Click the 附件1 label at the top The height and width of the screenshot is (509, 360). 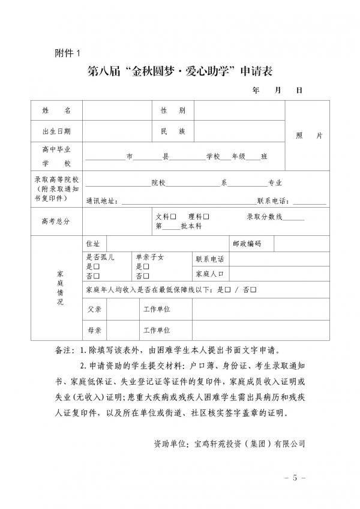(x=67, y=53)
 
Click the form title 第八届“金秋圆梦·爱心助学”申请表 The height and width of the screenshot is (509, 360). (x=180, y=71)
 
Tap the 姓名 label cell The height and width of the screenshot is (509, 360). (x=57, y=111)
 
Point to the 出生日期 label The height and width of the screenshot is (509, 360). (x=57, y=131)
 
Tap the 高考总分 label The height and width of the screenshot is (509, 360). (x=57, y=221)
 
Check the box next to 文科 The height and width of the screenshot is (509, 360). (x=173, y=216)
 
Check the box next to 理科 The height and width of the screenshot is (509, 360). (x=206, y=216)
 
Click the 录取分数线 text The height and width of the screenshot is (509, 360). (x=265, y=216)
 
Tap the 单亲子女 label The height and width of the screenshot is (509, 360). (x=149, y=258)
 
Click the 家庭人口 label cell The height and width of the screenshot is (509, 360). (x=209, y=274)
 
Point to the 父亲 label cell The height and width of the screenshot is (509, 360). (x=94, y=309)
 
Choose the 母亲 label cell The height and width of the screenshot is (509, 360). (x=94, y=330)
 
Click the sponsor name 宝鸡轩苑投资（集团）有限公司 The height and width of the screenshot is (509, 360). (x=247, y=444)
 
